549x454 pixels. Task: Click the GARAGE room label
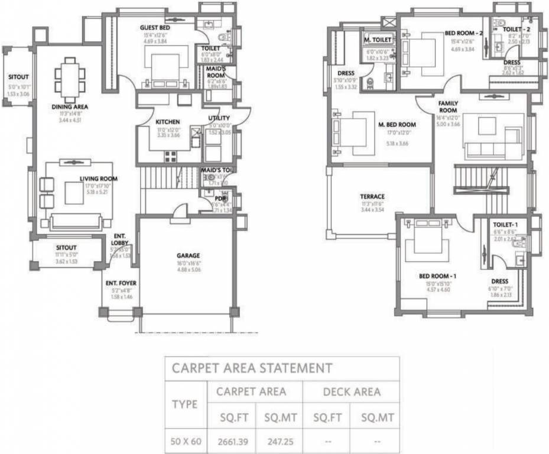[188, 256]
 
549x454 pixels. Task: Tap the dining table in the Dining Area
[70, 79]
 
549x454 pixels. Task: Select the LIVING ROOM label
[99, 179]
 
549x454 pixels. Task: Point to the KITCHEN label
[167, 122]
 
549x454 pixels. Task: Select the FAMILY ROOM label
[448, 107]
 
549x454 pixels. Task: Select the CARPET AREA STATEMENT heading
[252, 368]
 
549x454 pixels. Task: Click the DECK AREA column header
[351, 391]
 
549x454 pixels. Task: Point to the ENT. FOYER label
[121, 284]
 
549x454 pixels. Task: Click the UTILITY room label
[219, 118]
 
